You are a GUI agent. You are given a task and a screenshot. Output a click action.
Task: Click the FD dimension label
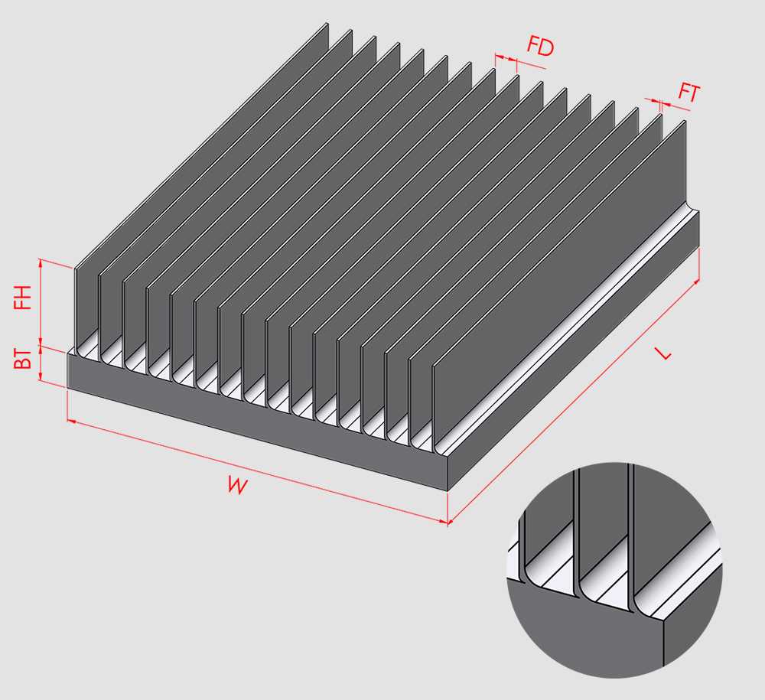(x=541, y=47)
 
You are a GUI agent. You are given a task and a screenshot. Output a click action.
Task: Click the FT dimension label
(x=689, y=93)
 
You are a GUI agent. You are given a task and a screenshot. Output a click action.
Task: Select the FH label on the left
(x=22, y=298)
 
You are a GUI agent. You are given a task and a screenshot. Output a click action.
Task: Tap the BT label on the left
(x=22, y=359)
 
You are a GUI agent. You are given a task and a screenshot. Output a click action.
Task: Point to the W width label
(x=238, y=486)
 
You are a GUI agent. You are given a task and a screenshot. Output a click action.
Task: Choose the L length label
(x=663, y=353)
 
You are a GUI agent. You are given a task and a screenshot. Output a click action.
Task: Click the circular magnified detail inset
(x=614, y=570)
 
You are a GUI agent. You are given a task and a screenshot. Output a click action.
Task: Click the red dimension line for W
(x=258, y=471)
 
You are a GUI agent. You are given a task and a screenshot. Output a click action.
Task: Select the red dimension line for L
(x=573, y=402)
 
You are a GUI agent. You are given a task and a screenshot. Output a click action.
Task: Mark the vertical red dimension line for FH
(x=41, y=302)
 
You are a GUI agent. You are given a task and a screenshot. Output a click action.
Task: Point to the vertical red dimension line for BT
(x=41, y=363)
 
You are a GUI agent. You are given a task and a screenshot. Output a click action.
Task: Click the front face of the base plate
(x=258, y=422)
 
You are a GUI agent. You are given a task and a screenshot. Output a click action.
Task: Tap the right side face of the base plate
(x=574, y=351)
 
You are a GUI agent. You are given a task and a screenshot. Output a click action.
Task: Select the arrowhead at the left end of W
(x=71, y=420)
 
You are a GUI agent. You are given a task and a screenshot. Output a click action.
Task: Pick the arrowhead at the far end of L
(x=696, y=282)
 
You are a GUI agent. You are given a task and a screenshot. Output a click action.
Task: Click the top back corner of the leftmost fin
(x=327, y=24)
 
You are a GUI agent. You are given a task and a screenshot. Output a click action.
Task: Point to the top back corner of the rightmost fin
(x=685, y=121)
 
